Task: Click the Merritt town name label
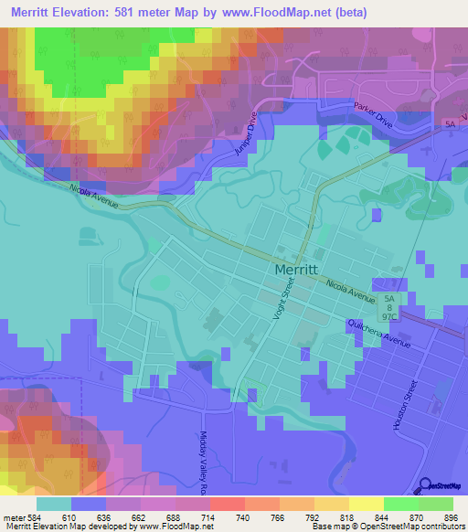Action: click(296, 271)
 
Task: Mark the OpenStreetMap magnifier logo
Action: click(426, 486)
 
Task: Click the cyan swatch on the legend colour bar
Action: click(54, 503)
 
